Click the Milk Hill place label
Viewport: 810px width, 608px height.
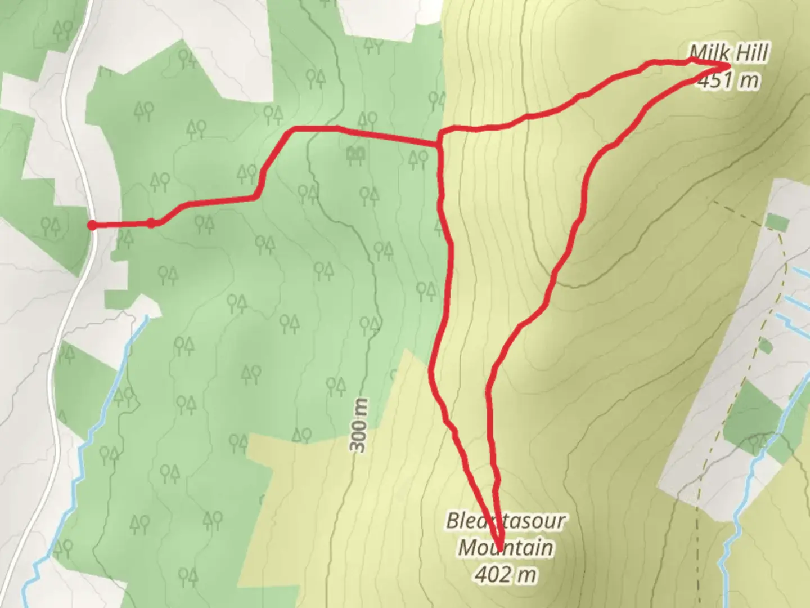729,53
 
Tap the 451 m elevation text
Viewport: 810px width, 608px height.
729,81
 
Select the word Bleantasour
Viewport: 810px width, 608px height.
505,521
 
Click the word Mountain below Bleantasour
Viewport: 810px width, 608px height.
505,547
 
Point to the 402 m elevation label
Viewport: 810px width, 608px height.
505,574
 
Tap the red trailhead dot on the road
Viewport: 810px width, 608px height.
92,225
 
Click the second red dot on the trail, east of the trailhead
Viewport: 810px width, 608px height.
151,223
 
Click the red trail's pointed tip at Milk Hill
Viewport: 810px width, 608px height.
729,66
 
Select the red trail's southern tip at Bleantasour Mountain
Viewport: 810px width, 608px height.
498,548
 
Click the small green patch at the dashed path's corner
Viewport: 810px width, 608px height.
777,222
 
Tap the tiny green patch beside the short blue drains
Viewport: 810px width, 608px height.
765,346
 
